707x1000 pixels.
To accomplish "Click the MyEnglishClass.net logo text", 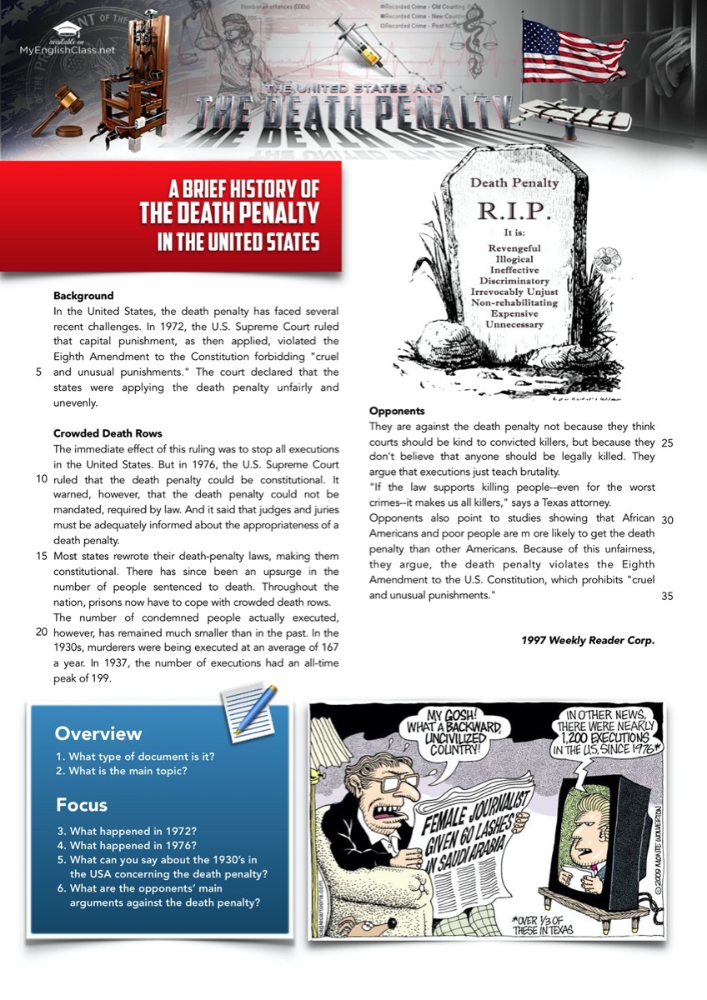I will click(68, 49).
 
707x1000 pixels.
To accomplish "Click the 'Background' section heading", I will click(83, 296).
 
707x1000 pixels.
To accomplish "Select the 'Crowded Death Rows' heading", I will click(108, 433).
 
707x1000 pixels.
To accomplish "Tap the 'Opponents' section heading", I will click(397, 412).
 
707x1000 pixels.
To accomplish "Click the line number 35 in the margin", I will click(666, 596).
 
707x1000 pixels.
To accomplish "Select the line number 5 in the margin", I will click(39, 372).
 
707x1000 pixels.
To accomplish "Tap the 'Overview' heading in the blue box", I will click(98, 734).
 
